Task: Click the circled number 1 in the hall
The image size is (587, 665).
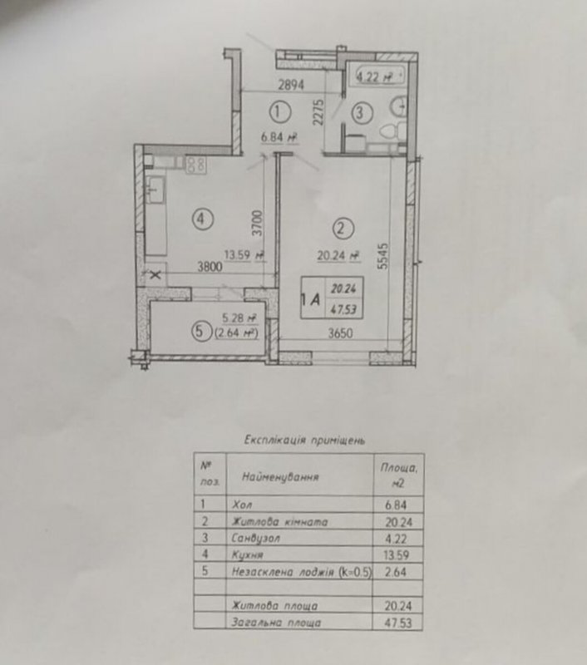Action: tap(280, 112)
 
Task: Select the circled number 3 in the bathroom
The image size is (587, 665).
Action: tap(362, 113)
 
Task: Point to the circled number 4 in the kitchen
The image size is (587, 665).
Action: tap(202, 219)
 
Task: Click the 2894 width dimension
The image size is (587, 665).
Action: tap(291, 86)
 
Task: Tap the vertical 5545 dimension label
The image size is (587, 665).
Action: tap(383, 256)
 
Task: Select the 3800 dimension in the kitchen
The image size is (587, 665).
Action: tap(210, 267)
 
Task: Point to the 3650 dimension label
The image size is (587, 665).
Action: tap(340, 333)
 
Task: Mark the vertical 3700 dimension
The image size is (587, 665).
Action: tap(258, 223)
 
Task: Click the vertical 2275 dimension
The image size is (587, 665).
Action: tap(319, 112)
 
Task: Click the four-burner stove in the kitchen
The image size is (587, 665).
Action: tap(196, 165)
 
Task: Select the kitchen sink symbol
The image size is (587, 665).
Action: tap(155, 190)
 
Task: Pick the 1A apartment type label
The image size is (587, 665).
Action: tap(310, 300)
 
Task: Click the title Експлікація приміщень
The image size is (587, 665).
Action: tap(304, 440)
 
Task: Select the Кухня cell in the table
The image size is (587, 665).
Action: tap(247, 555)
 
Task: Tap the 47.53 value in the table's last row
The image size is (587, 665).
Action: tap(397, 623)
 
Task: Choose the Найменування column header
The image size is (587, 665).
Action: tap(280, 477)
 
